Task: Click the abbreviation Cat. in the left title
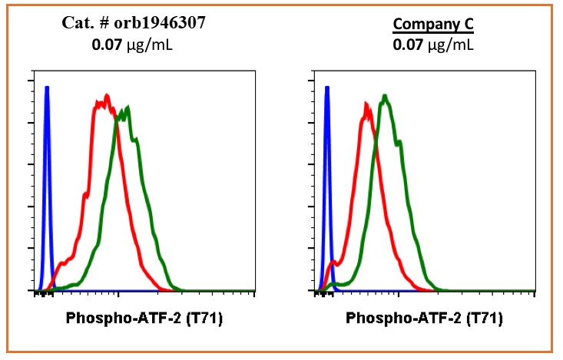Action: click(x=77, y=23)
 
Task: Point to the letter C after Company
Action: click(x=468, y=25)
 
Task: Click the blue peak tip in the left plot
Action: click(x=47, y=88)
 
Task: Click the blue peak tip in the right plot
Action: click(x=327, y=88)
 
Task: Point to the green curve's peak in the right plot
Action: click(x=385, y=96)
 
